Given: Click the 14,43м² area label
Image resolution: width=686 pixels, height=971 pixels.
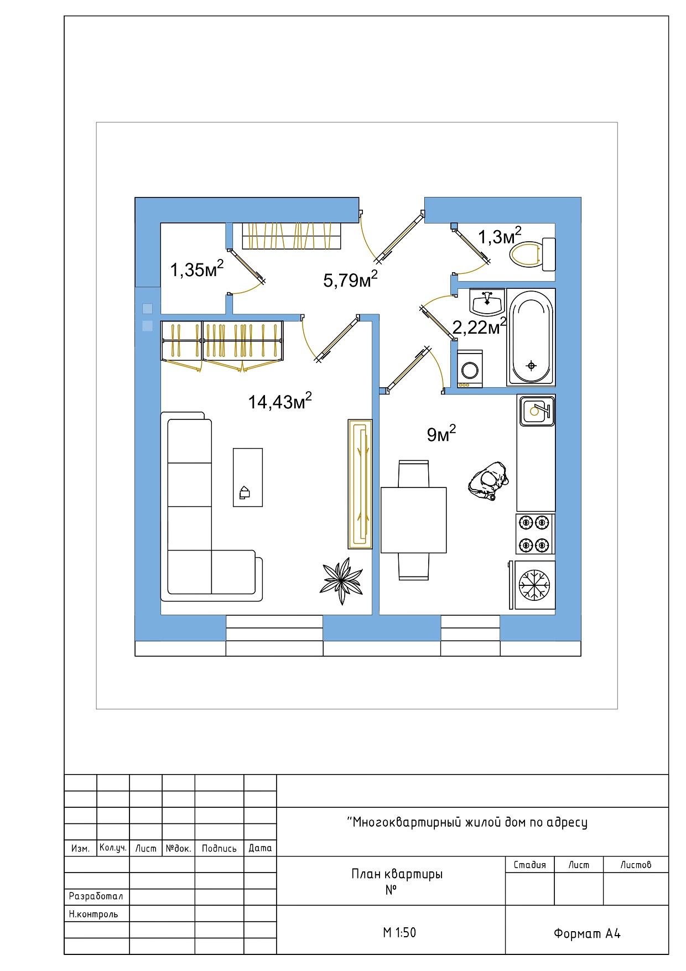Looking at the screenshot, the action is tap(280, 401).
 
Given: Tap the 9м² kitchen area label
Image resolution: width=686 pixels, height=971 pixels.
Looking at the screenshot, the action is tap(441, 434).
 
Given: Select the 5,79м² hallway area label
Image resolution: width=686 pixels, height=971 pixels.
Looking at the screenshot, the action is tap(351, 279).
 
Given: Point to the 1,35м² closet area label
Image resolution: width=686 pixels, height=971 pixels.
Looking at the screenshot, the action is tap(197, 269).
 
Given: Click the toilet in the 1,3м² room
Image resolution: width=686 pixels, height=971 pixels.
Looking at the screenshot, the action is tap(534, 255).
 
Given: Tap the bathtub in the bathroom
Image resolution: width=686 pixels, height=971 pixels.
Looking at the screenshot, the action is tap(531, 337).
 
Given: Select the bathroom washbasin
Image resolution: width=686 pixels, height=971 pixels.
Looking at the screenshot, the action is tap(487, 302).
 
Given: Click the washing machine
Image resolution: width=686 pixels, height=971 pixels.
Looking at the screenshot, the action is tap(470, 368).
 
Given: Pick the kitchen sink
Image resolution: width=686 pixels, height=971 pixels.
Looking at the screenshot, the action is tap(537, 411).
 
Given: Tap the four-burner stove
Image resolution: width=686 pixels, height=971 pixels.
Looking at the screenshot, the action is tap(535, 534).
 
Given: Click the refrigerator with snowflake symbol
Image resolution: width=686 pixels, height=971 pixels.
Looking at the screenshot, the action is tap(534, 585).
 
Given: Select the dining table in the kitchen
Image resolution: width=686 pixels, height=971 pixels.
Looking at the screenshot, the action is tap(414, 520).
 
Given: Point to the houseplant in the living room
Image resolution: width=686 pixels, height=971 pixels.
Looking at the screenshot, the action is tap(341, 581).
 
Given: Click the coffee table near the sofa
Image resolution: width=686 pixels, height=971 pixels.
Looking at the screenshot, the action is tap(248, 477).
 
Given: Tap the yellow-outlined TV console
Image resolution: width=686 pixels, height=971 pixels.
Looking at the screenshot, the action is tap(360, 484).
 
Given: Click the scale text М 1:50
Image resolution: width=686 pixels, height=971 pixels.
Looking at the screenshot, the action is tap(399, 932).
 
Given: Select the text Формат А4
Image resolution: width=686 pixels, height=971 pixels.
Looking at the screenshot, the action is tap(587, 933).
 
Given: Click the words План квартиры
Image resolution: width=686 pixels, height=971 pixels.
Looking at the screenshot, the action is tap(397, 874).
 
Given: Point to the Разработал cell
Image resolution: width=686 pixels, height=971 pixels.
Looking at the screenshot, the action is tap(96, 896).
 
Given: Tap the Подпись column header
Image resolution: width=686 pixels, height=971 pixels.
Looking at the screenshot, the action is tap(219, 848).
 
